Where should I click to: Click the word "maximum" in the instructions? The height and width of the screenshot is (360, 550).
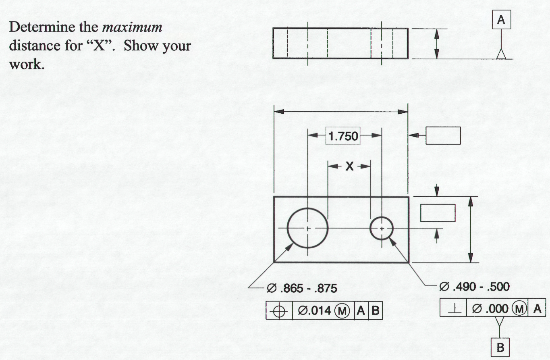(133, 27)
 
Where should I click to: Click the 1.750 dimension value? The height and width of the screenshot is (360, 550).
(343, 136)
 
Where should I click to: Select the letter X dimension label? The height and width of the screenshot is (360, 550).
(349, 166)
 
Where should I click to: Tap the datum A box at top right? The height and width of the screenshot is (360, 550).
(501, 20)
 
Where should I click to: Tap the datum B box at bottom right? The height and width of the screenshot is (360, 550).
(500, 348)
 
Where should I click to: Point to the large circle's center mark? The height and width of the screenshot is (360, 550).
(308, 229)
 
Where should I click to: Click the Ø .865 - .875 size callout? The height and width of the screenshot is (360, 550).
(302, 289)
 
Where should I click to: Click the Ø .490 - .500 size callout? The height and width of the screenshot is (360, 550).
(474, 287)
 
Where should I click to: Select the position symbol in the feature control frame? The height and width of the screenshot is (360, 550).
(280, 311)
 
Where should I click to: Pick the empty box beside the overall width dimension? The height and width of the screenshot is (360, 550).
(443, 135)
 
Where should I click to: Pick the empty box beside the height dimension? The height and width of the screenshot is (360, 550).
(438, 213)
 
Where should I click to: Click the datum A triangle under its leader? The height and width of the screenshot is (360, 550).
(501, 54)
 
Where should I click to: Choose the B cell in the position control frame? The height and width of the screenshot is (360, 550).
(375, 311)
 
